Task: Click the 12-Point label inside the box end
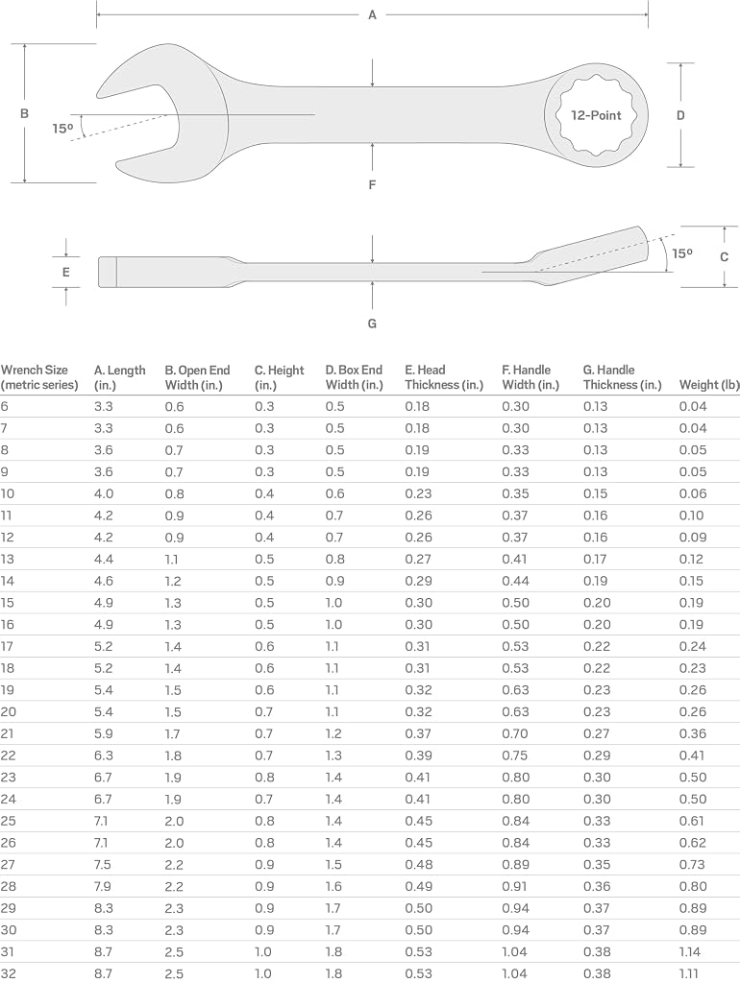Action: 596,115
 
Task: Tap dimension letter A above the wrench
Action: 372,15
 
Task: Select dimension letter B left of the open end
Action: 24,113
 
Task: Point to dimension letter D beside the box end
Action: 680,115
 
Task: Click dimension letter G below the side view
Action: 372,324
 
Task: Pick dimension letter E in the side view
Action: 66,272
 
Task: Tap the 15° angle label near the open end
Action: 62,129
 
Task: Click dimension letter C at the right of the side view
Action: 725,256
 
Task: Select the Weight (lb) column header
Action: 709,385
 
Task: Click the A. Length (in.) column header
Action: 120,377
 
